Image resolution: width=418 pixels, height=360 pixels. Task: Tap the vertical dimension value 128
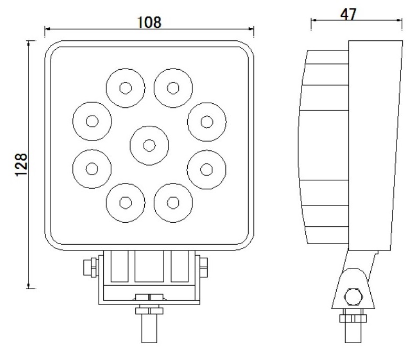coord(20,165)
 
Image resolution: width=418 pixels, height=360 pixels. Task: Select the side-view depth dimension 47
coord(347,14)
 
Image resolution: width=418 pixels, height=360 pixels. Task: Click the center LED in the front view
coord(149,145)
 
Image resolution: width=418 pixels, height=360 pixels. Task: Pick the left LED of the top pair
coord(125,88)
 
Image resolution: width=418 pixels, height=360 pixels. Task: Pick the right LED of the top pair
coord(174,88)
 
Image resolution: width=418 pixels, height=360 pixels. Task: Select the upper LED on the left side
coord(92,121)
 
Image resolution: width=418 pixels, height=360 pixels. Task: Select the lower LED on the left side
coord(92,169)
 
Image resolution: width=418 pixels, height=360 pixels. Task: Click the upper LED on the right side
coord(207,122)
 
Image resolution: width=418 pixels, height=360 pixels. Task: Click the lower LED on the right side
coord(207,169)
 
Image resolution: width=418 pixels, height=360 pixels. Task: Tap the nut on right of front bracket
coord(203,268)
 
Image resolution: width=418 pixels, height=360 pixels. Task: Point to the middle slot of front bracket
coord(149,268)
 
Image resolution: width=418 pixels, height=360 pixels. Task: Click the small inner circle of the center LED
coord(149,145)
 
